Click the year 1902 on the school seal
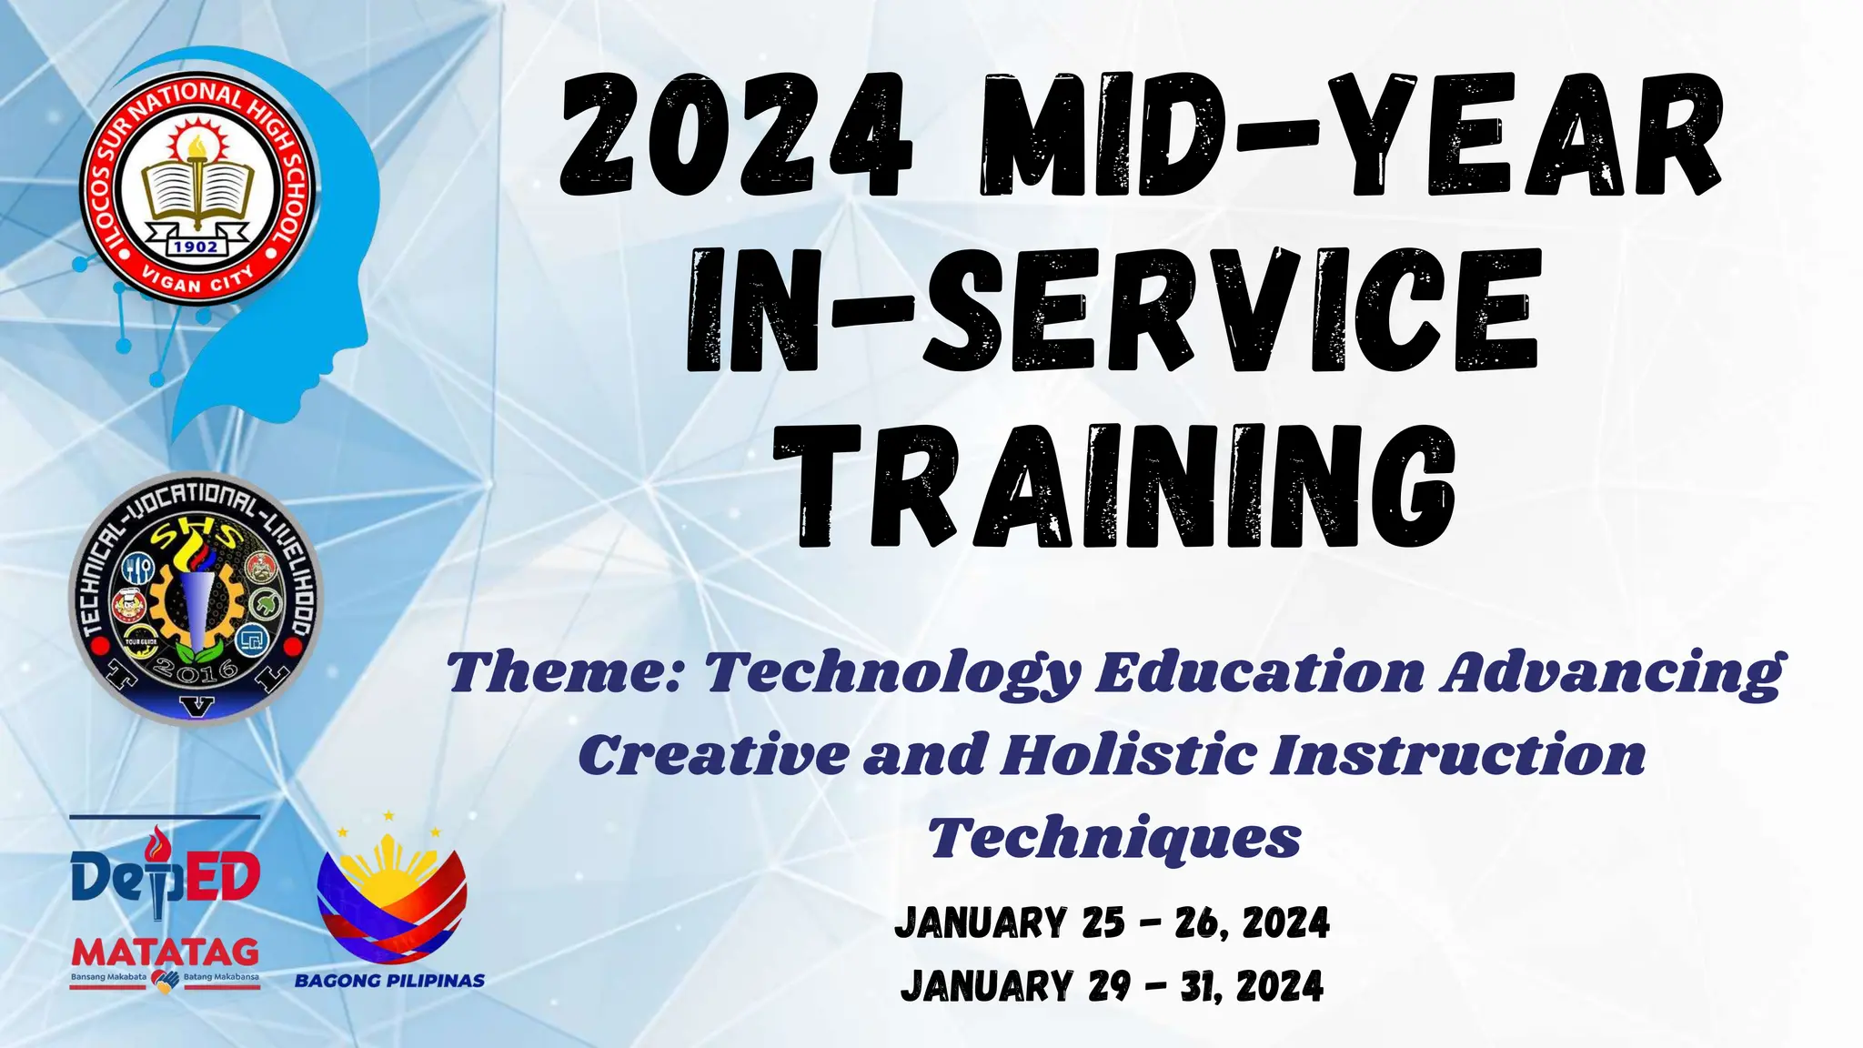click(196, 246)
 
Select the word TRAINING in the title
click(1126, 489)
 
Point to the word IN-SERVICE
click(1112, 311)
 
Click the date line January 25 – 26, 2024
click(1112, 922)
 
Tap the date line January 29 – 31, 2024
click(1112, 986)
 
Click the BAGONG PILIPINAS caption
click(389, 981)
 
